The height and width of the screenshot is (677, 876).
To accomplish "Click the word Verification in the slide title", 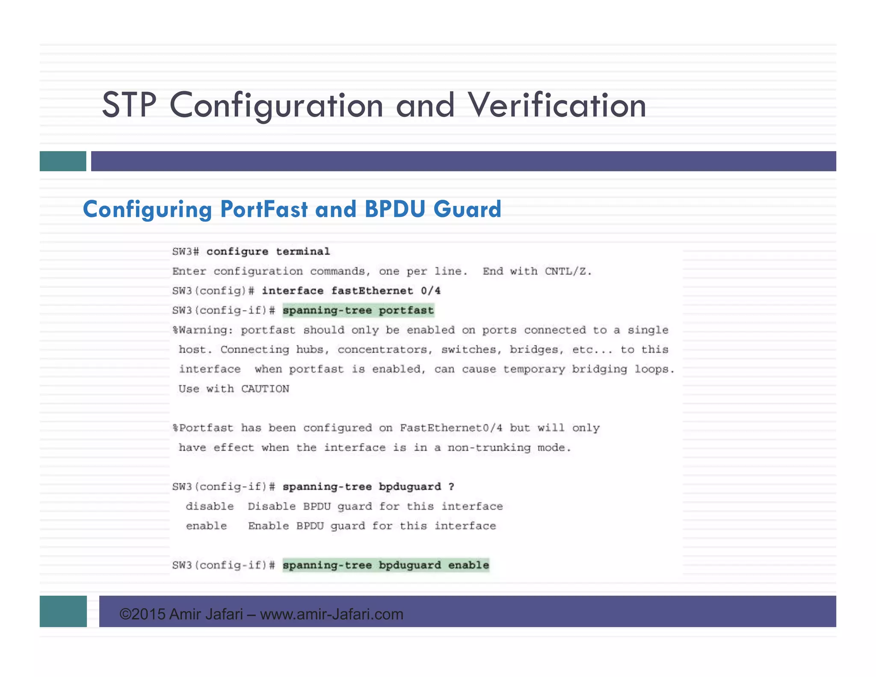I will click(556, 105).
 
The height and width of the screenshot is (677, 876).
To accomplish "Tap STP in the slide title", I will click(129, 105).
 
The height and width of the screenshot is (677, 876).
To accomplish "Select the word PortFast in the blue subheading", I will click(263, 209).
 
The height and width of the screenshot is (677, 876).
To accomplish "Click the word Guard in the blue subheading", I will click(467, 209).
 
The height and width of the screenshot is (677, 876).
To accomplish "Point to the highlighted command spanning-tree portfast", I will click(358, 310).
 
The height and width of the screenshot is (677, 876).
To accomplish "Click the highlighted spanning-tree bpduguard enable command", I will click(385, 565).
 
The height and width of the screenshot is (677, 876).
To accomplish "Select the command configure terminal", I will click(268, 252).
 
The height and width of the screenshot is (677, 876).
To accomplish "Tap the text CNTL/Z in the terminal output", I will click(568, 271).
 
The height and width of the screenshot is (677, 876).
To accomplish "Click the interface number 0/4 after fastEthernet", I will click(430, 291).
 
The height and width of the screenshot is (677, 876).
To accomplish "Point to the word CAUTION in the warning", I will click(265, 389).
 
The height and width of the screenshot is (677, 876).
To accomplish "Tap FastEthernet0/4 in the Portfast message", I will click(451, 428).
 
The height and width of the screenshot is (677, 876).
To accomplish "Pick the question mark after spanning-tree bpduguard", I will click(451, 487).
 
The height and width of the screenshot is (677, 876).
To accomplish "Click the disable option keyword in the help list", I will click(210, 507).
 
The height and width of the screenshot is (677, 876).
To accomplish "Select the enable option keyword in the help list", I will click(206, 526).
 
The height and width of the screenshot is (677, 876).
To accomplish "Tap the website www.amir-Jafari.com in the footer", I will click(331, 614).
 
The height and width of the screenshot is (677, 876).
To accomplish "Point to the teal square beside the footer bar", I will click(63, 611).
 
